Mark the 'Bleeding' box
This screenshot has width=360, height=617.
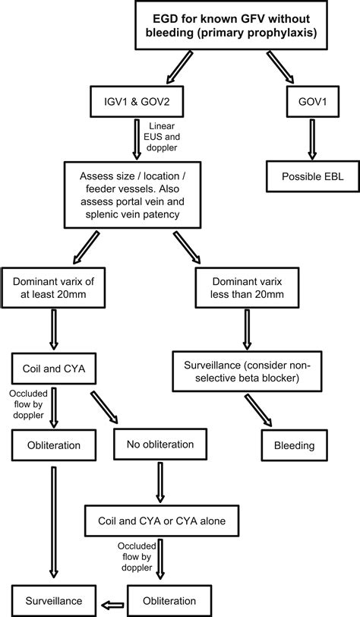click(x=295, y=444)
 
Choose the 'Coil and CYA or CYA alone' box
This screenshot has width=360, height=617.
click(x=161, y=520)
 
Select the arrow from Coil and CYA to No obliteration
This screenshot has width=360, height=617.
click(x=104, y=407)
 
